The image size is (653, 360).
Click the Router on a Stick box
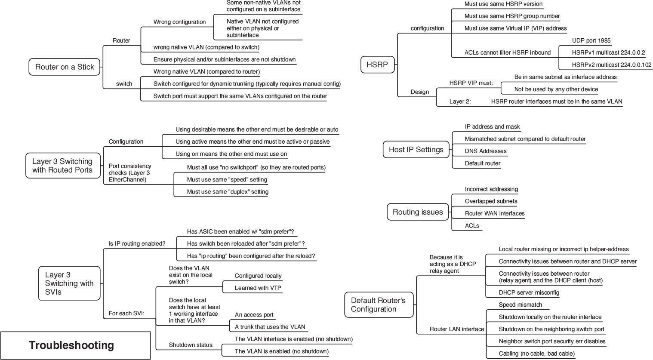pos(65,67)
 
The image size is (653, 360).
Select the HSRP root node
pos(377,65)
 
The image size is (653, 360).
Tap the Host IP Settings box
pos(416,150)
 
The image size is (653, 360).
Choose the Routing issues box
pos(417,212)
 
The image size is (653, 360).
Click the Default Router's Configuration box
pos(379,305)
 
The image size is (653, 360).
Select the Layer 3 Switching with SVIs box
pos(69,283)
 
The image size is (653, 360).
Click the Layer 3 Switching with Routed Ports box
pos(62,166)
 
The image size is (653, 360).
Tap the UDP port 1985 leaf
pos(591,40)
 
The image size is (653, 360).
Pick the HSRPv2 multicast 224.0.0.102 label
pos(611,65)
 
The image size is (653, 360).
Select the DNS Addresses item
pos(485,151)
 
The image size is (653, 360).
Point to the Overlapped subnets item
pos(491,201)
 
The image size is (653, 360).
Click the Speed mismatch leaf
pos(520,305)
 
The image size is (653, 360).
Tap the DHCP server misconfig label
pos(529,292)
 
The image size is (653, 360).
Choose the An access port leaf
pos(254,314)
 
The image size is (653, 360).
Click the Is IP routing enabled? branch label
pos(137,243)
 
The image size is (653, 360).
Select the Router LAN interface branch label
pos(456,329)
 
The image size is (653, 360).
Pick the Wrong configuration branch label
pos(179,22)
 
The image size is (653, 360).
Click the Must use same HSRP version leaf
pos(503,4)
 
